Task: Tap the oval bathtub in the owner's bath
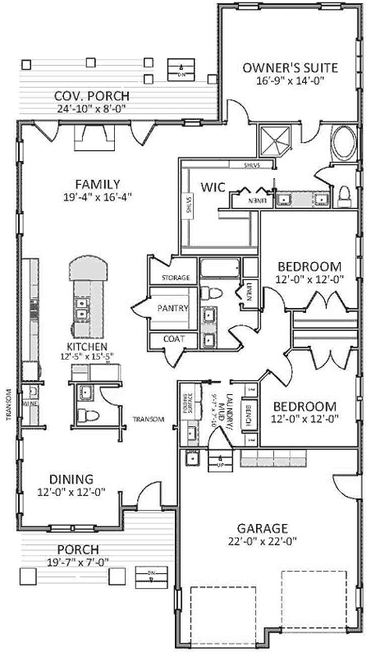click(x=343, y=145)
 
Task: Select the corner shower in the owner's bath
click(x=274, y=140)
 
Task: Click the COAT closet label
click(x=174, y=338)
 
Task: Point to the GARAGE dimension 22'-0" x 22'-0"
click(x=263, y=541)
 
